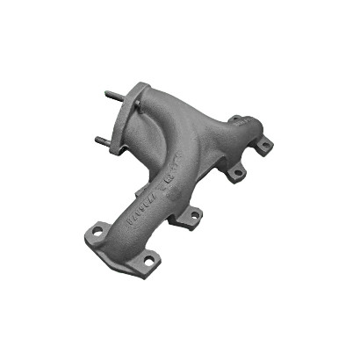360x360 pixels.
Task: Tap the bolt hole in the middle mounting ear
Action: click(187, 214)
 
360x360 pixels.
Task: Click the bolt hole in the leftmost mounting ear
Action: click(97, 232)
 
